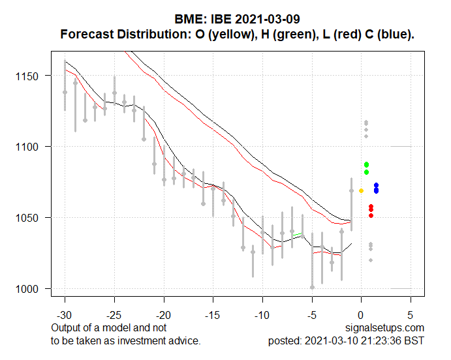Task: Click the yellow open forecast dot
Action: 361,190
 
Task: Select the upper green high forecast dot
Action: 367,164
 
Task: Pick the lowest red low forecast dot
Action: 371,215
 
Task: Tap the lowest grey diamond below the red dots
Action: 371,260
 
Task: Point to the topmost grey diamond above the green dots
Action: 366,122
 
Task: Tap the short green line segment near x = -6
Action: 297,233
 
